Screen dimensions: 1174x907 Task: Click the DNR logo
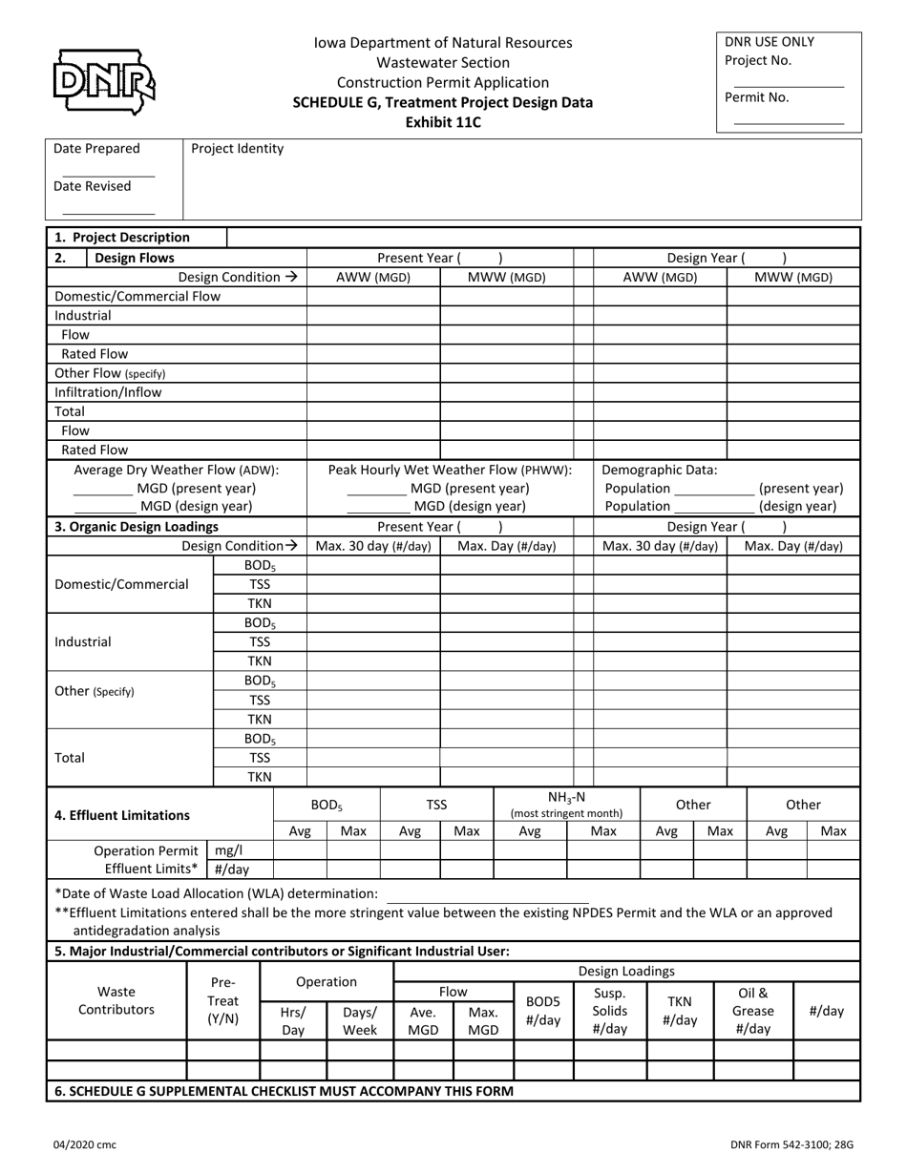pyautogui.click(x=104, y=81)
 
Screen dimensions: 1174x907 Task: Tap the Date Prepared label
pyautogui.click(x=96, y=148)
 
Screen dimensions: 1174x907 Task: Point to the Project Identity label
pyautogui.click(x=237, y=148)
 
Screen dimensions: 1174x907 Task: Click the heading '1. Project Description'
pyautogui.click(x=122, y=238)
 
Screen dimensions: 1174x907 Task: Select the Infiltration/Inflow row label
pyautogui.click(x=108, y=392)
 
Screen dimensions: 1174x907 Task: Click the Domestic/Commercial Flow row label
pyautogui.click(x=137, y=296)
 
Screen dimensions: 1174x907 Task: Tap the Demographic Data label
pyautogui.click(x=660, y=470)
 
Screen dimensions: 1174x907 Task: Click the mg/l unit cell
pyautogui.click(x=228, y=850)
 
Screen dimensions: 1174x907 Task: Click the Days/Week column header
pyautogui.click(x=360, y=1020)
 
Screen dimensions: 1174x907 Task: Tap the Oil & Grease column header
pyautogui.click(x=753, y=1011)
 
